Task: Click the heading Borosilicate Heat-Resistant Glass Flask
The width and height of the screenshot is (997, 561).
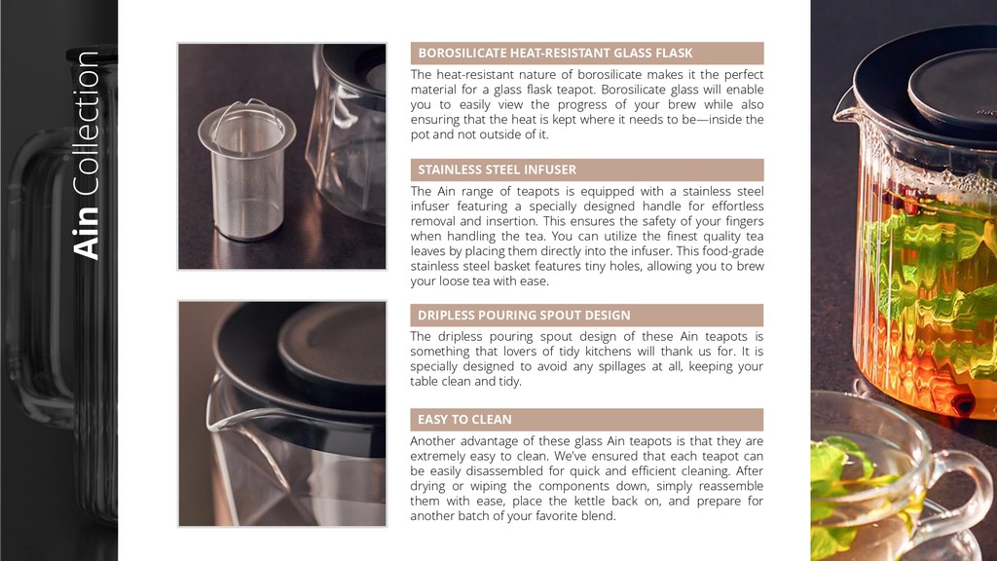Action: click(x=555, y=53)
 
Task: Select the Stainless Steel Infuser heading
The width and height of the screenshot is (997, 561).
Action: click(x=498, y=169)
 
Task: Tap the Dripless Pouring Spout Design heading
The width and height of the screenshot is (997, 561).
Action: click(x=524, y=315)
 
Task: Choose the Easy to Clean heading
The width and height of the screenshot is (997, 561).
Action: click(x=464, y=419)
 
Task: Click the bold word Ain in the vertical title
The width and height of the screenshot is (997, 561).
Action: click(x=87, y=233)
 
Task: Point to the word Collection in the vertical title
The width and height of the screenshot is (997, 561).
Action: click(x=87, y=124)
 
